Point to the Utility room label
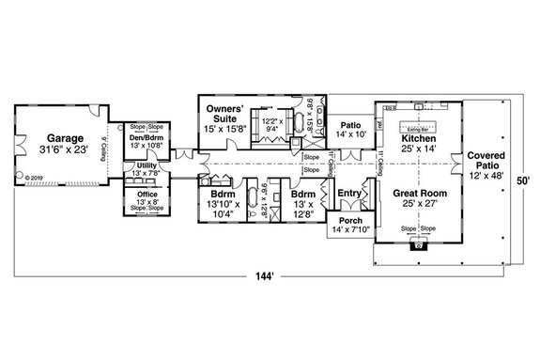(147, 165)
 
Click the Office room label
(146, 194)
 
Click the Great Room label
(420, 193)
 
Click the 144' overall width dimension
(270, 277)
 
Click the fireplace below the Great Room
(418, 246)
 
